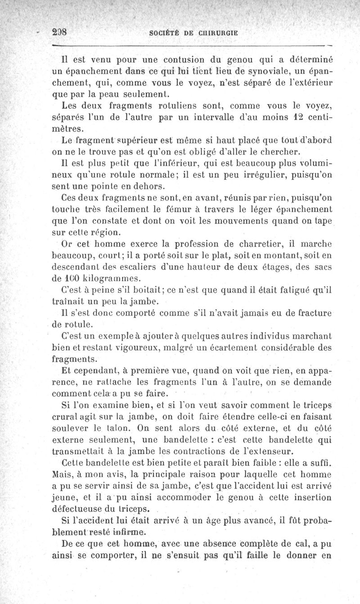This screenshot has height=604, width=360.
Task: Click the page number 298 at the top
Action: tap(60, 33)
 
